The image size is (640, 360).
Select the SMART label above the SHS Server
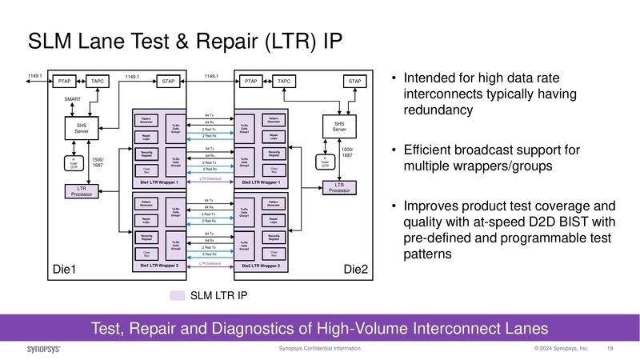click(73, 99)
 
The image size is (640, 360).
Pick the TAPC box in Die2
click(283, 81)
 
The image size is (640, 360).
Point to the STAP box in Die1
click(169, 81)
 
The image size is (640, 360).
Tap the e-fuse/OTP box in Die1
click(74, 162)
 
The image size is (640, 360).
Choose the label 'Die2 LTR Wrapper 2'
click(261, 266)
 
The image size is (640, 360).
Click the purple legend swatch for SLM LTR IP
click(178, 296)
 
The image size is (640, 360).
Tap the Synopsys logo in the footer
click(34, 350)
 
